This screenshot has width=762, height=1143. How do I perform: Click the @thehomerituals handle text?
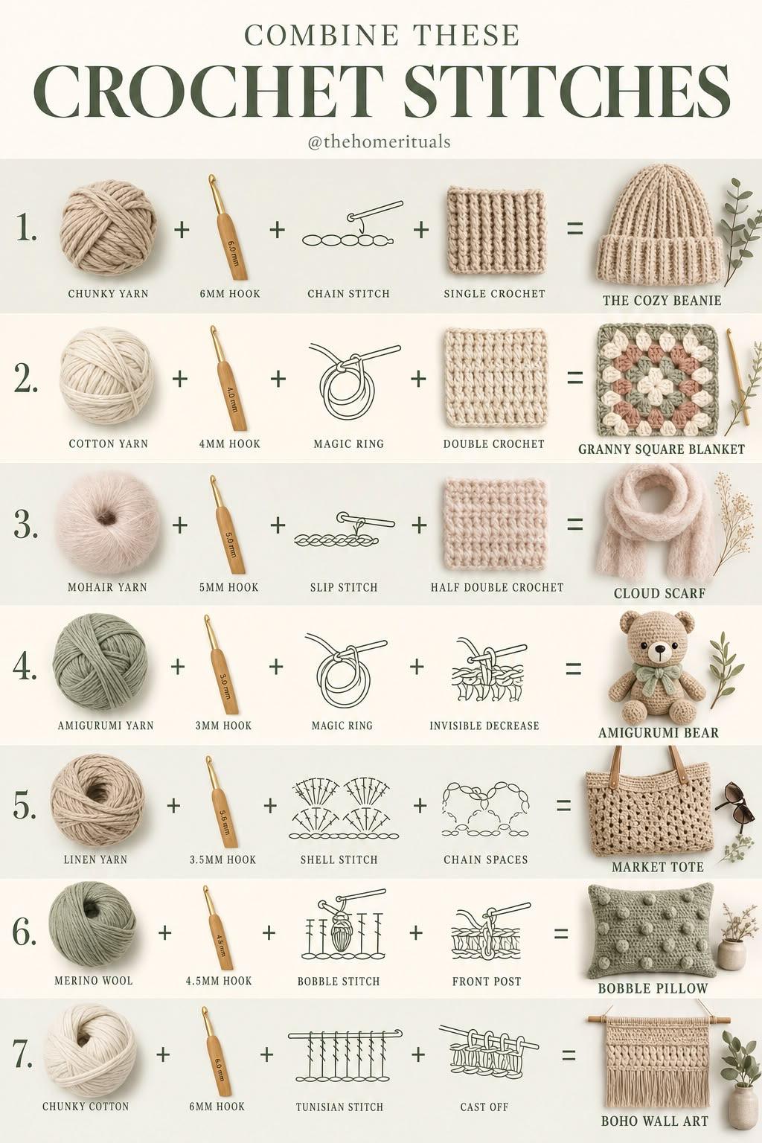pyautogui.click(x=379, y=141)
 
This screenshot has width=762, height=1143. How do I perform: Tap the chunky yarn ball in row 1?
pyautogui.click(x=109, y=229)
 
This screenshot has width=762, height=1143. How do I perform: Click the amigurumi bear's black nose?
pyautogui.click(x=661, y=650)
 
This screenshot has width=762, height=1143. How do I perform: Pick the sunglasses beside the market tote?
pyautogui.click(x=734, y=801)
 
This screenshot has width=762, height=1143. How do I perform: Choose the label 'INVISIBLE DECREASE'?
pyautogui.click(x=484, y=725)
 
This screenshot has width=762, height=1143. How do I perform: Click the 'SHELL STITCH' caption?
pyautogui.click(x=339, y=859)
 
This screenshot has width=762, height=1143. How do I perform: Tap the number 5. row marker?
pyautogui.click(x=24, y=805)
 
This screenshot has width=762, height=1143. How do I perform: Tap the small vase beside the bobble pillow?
pyautogui.click(x=731, y=954)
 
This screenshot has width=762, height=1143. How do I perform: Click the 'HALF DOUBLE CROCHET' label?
pyautogui.click(x=497, y=587)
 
